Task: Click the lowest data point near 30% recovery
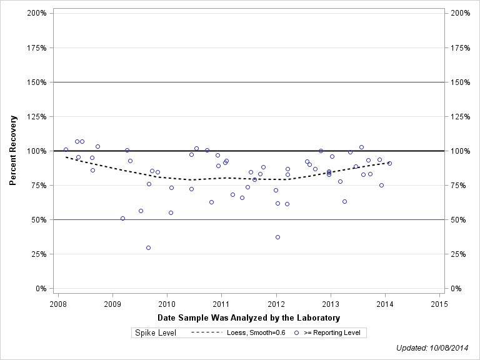pyautogui.click(x=148, y=247)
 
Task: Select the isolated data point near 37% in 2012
pyautogui.click(x=277, y=237)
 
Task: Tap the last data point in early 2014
pyautogui.click(x=389, y=163)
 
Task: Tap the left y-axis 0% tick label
pyautogui.click(x=42, y=289)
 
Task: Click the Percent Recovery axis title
pyautogui.click(x=13, y=151)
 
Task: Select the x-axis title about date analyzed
pyautogui.click(x=248, y=318)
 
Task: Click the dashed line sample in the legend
pyautogui.click(x=206, y=332)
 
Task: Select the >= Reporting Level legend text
pyautogui.click(x=332, y=332)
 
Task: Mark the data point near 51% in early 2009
pyautogui.click(x=122, y=218)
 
